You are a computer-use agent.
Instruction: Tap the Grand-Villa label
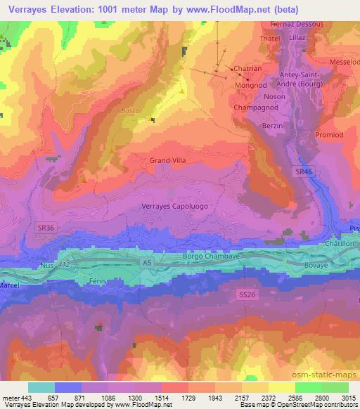tap(167, 161)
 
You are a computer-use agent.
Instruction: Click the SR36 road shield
tap(44, 227)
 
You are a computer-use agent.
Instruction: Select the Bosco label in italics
tap(129, 111)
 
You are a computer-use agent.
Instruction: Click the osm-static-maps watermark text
tap(329, 374)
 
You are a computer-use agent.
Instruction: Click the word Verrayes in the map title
tap(22, 10)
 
